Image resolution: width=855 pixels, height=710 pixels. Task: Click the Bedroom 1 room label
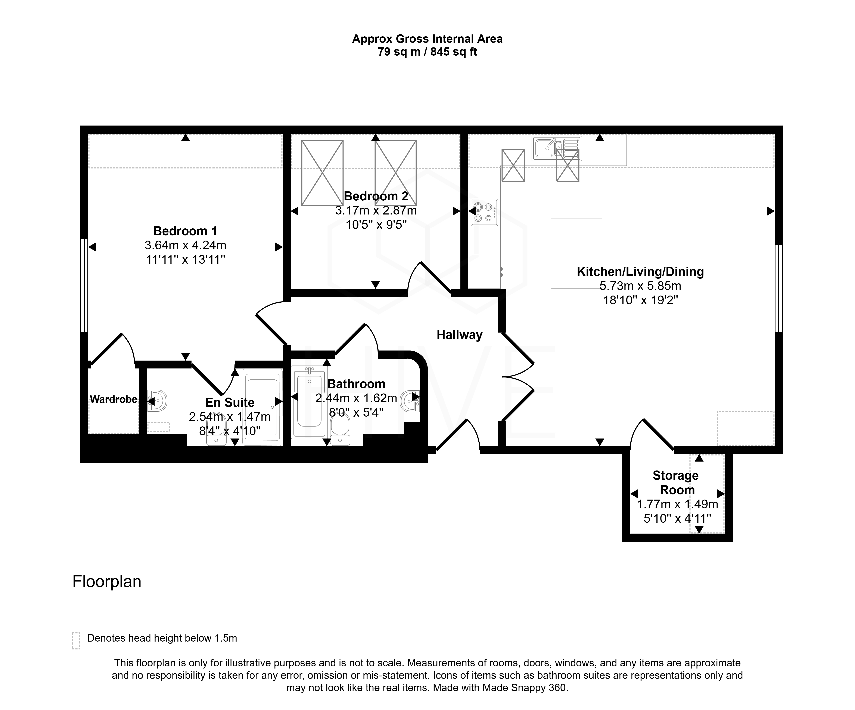[x=185, y=231]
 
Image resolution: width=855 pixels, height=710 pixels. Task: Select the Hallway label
[x=459, y=335]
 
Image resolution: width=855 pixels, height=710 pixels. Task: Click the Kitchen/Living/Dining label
[x=640, y=272]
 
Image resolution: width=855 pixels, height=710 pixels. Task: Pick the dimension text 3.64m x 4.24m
[x=185, y=245]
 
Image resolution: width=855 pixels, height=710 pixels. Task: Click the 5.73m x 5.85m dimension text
[x=640, y=286]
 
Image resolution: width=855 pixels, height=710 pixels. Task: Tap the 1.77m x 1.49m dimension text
[x=677, y=504]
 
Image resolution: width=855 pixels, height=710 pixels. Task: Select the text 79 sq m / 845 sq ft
[x=427, y=52]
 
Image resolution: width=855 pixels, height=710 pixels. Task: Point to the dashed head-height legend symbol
[x=76, y=641]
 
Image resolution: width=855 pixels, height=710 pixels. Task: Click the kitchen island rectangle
[x=576, y=253]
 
